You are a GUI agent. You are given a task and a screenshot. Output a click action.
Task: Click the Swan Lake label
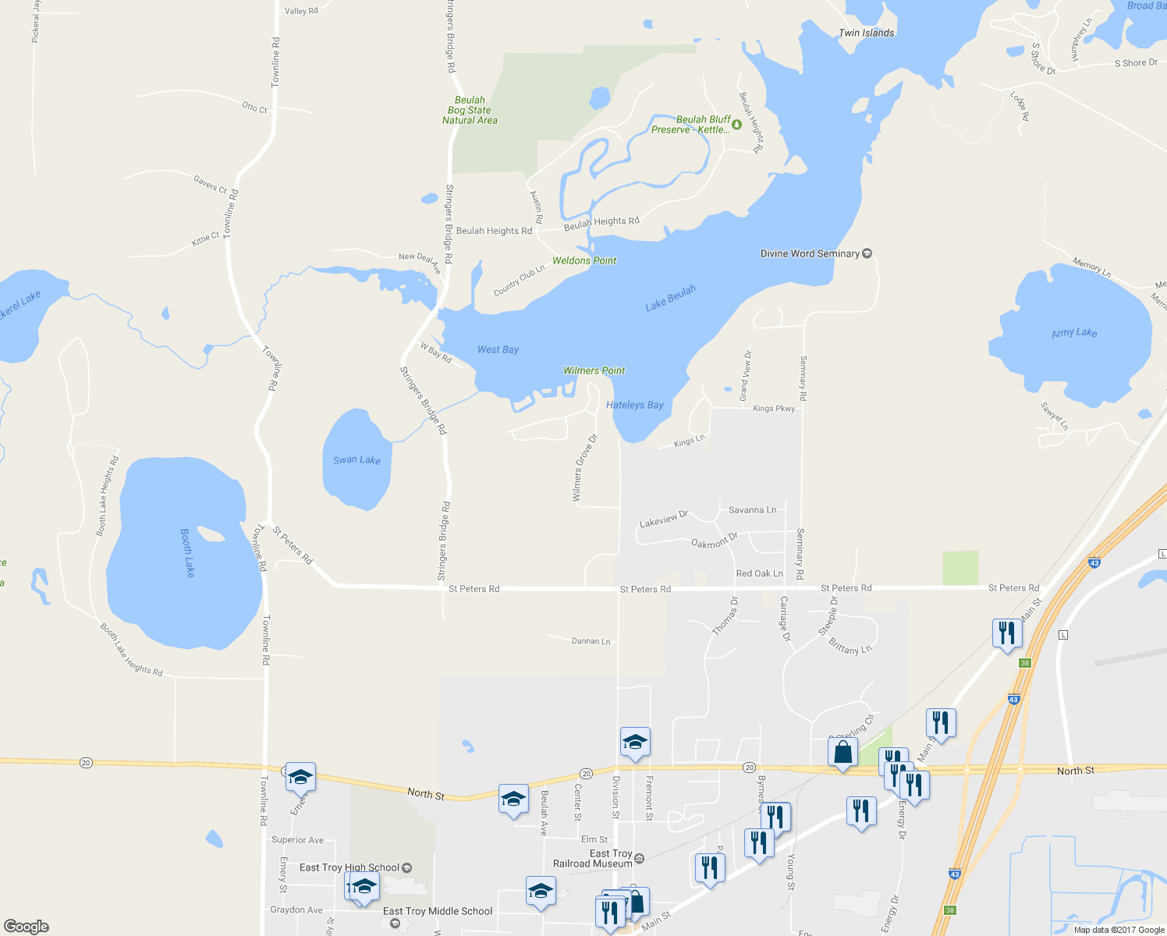pos(356,460)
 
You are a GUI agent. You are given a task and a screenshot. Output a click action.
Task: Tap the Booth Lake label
pos(187,552)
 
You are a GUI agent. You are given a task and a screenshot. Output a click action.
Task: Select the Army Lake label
pos(1074,333)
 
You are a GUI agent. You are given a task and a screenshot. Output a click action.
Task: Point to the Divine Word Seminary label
pos(810,253)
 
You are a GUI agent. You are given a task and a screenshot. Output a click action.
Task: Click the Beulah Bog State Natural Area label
pos(470,110)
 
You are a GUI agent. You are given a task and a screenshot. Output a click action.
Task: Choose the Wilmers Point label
pos(594,370)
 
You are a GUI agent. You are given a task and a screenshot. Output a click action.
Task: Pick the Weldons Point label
pos(584,261)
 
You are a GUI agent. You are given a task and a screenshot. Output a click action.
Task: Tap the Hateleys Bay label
pos(635,405)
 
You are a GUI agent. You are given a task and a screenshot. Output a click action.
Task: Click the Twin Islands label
pos(866,33)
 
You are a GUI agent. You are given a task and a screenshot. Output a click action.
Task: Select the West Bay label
pos(498,349)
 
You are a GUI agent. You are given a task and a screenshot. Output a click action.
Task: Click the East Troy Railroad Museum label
pos(593,859)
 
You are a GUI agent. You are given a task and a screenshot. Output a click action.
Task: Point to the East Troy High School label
pos(349,867)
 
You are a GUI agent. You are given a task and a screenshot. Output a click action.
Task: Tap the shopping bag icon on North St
pos(842,753)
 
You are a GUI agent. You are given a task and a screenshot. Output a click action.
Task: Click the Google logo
pos(27,926)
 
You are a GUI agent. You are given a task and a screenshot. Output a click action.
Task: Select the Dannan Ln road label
pos(591,641)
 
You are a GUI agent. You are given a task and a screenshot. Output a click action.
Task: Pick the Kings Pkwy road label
pos(774,409)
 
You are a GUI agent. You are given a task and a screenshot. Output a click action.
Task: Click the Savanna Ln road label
pos(752,510)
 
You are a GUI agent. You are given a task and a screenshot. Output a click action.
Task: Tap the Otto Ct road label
pos(254,108)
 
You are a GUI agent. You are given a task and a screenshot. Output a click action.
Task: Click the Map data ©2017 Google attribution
pos(1119,930)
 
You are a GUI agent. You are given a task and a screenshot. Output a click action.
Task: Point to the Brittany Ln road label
pos(850,647)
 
